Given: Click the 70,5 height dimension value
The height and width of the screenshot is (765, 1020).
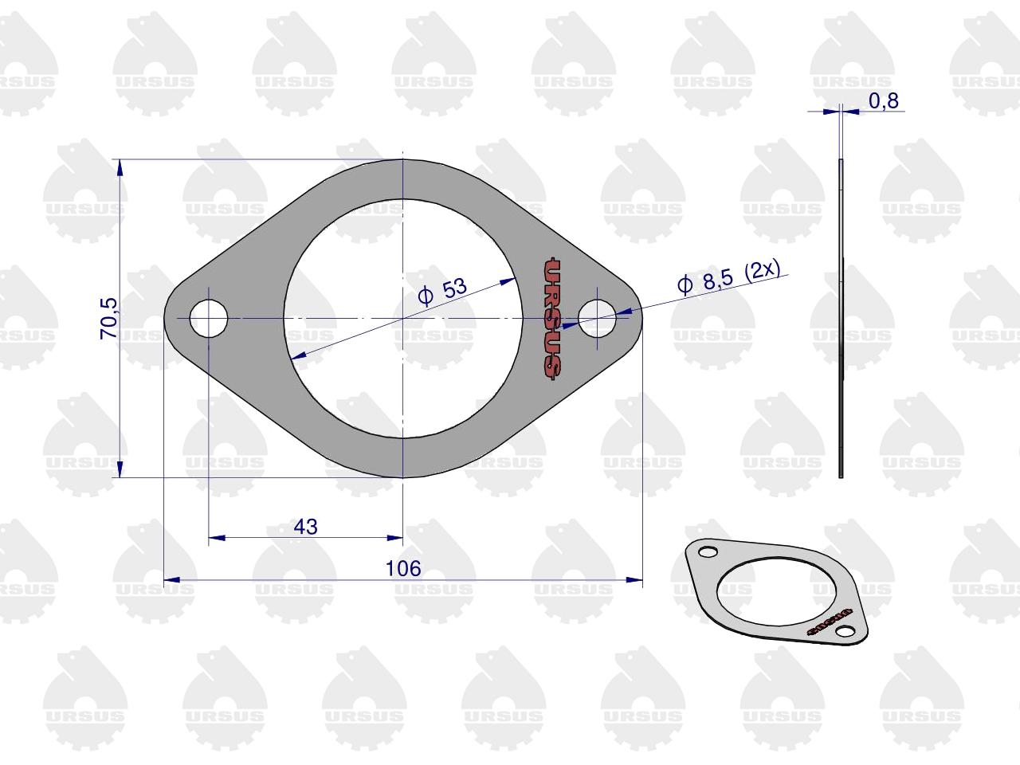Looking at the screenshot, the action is pyautogui.click(x=109, y=318).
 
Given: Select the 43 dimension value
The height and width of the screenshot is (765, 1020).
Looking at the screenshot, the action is pyautogui.click(x=306, y=527).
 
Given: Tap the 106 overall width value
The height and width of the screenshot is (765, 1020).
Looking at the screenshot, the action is pyautogui.click(x=403, y=568).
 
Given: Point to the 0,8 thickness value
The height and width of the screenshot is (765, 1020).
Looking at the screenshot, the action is pyautogui.click(x=884, y=100).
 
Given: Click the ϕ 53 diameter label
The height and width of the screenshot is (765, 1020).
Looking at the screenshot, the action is pyautogui.click(x=442, y=291).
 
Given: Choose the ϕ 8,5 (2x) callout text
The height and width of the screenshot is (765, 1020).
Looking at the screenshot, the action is pyautogui.click(x=729, y=277).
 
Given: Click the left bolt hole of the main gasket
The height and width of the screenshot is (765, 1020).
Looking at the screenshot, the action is pyautogui.click(x=209, y=318).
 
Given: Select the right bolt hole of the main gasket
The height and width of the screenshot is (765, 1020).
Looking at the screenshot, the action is pyautogui.click(x=597, y=318).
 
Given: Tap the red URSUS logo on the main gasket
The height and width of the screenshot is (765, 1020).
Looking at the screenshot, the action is pyautogui.click(x=552, y=318).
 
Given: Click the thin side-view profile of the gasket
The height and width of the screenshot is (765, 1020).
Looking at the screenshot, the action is pyautogui.click(x=841, y=318).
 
